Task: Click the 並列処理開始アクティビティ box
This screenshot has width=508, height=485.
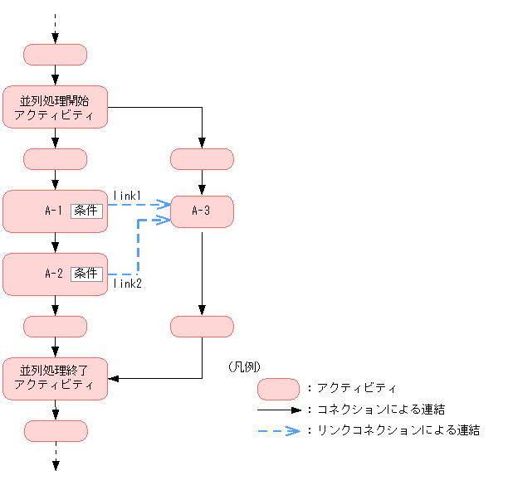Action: [56, 107]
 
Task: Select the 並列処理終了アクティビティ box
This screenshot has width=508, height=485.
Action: [56, 378]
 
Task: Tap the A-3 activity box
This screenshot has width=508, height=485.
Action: [202, 211]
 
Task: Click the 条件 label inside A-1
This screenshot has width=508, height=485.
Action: [86, 211]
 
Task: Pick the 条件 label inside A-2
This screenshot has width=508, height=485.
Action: [86, 274]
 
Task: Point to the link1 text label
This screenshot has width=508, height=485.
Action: [128, 195]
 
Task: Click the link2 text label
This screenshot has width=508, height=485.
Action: [128, 284]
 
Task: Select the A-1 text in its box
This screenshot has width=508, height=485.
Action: [54, 211]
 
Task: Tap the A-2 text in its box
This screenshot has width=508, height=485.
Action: [54, 274]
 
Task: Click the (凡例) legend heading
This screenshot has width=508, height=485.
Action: [242, 366]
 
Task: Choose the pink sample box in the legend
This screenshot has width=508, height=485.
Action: [278, 388]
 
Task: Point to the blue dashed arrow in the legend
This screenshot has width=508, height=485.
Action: [278, 431]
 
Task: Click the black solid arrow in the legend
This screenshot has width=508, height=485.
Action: [278, 410]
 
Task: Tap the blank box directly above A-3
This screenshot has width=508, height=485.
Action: [202, 159]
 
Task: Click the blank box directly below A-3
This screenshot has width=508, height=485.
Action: [202, 327]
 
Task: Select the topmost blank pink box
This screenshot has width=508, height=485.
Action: [56, 55]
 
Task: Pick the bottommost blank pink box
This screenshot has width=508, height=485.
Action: [56, 430]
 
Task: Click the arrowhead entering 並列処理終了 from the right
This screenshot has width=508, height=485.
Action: [114, 378]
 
